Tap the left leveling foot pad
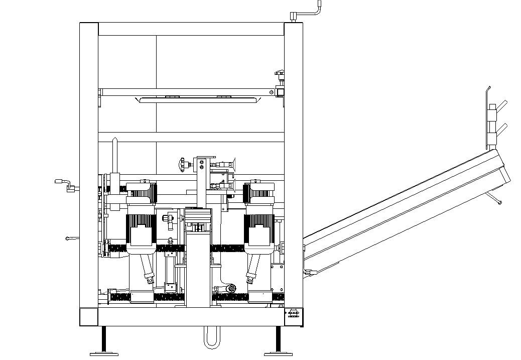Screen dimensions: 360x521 click(x=104, y=353)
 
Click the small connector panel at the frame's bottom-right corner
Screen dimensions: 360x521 click(x=294, y=316)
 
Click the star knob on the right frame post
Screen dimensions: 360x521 click(x=280, y=76)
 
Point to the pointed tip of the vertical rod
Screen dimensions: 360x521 click(x=115, y=143)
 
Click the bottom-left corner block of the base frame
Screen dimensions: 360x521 click(x=89, y=317)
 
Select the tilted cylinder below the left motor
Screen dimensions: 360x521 click(x=147, y=270)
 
